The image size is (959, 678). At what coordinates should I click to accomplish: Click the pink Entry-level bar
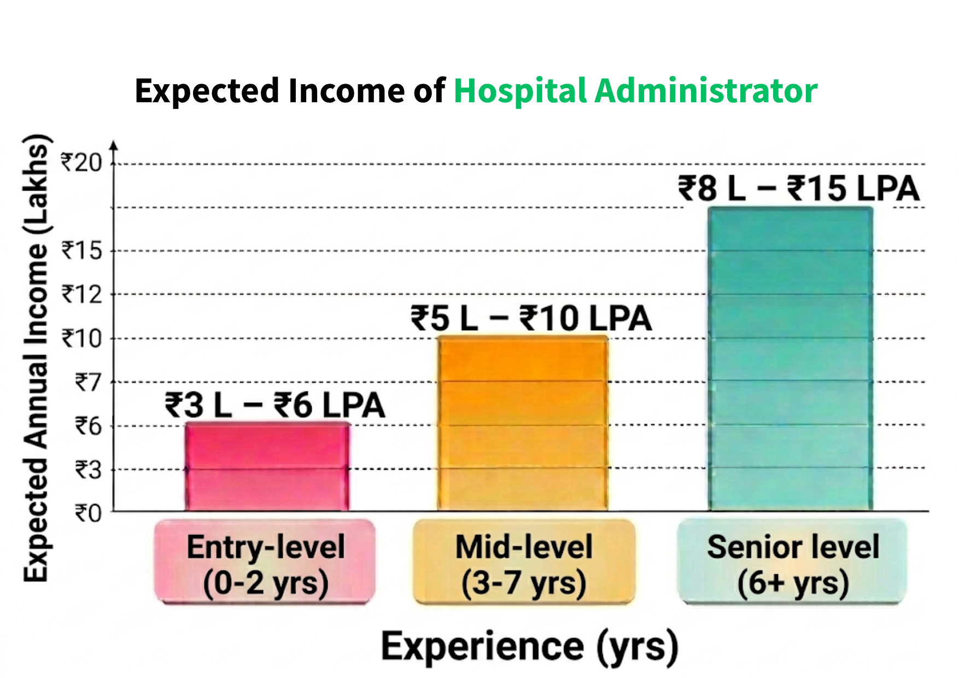pos(267,466)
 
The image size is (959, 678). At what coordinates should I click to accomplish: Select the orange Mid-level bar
pos(523,423)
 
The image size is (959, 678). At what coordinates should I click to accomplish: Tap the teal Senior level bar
pos(790,359)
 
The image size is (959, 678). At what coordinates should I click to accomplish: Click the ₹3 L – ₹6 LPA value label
pos(275,405)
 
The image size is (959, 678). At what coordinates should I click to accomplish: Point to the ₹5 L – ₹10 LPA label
pos(531,318)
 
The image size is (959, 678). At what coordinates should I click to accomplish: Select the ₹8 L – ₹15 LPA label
pos(799,189)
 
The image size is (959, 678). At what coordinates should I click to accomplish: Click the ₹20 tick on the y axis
pos(81,162)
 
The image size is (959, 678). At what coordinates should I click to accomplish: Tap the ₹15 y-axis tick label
pos(81,250)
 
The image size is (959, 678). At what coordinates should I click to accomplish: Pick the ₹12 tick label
pos(81,295)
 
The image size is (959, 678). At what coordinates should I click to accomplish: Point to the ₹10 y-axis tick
pos(81,338)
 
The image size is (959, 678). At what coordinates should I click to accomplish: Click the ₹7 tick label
pos(88,382)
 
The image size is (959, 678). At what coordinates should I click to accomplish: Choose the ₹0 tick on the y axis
pos(88,513)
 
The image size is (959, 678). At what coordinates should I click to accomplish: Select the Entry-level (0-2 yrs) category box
pos(265,562)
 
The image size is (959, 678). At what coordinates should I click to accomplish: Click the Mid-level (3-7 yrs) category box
pos(524,562)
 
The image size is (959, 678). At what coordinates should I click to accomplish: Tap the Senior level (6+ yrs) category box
pos(792,562)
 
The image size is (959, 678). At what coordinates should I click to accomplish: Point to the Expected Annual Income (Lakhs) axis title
pos(36,358)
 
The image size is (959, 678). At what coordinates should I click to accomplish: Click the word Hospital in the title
pos(520,91)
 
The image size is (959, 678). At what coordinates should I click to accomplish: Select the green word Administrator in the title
pos(706,90)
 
